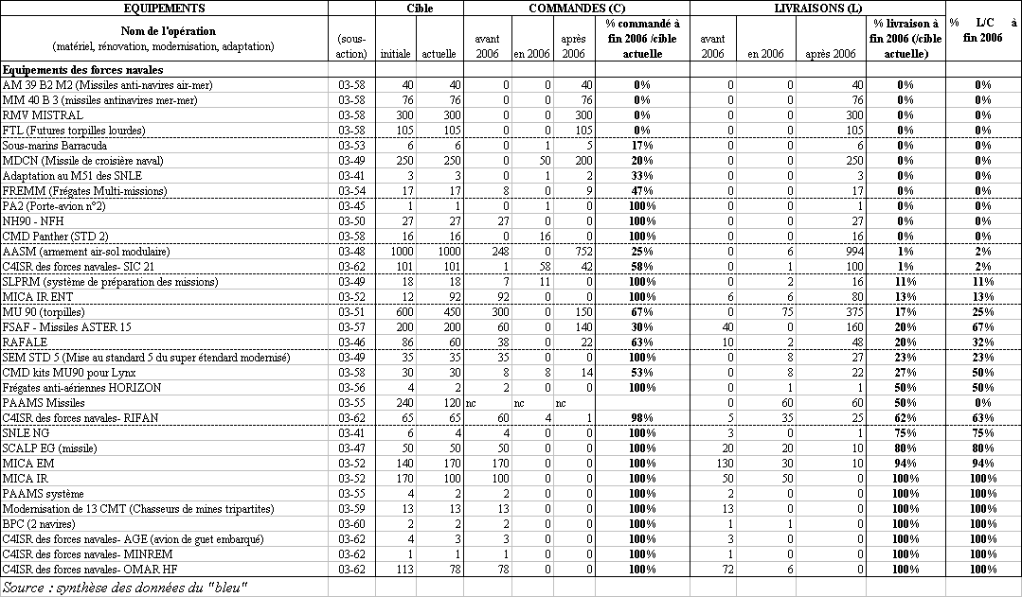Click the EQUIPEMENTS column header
(164, 8)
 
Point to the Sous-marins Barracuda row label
(55, 146)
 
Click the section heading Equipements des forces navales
(83, 70)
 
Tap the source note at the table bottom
(125, 588)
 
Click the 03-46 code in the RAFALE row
(352, 342)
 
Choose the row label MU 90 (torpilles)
(44, 312)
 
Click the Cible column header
(420, 8)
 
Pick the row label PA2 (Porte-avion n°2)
(54, 206)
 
